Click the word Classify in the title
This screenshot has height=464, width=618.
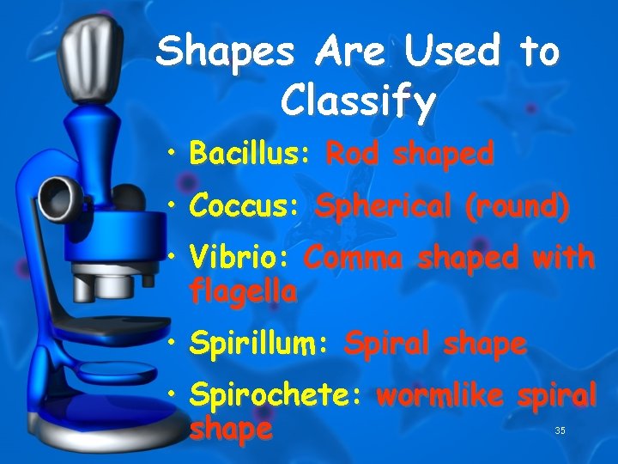(358, 102)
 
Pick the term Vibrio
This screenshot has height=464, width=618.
(239, 258)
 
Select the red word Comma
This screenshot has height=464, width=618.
(355, 258)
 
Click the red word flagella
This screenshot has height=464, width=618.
(243, 292)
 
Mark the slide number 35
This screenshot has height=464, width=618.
(560, 430)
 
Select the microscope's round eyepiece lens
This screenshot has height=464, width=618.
(59, 192)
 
